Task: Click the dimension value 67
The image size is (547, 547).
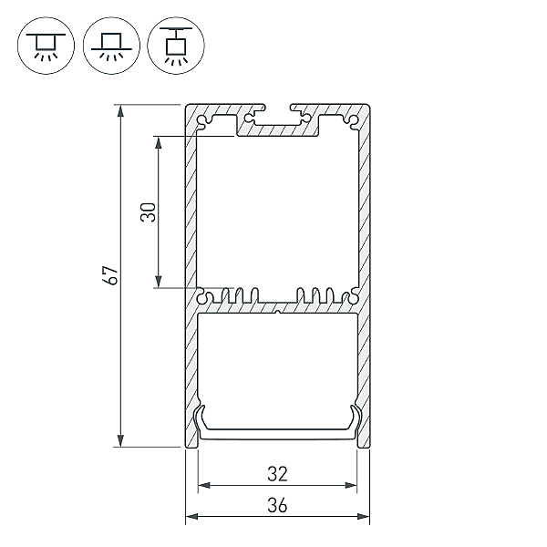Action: tap(111, 275)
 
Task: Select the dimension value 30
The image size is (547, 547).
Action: tap(149, 212)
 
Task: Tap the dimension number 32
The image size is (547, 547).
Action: tap(278, 474)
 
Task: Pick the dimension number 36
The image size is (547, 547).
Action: tap(278, 505)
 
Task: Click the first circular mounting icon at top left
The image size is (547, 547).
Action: tap(46, 46)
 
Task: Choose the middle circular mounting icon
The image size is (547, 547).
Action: tap(111, 46)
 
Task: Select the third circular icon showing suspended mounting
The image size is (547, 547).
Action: tap(176, 46)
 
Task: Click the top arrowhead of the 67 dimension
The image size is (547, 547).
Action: tap(120, 110)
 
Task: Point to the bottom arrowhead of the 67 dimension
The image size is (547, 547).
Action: tap(120, 440)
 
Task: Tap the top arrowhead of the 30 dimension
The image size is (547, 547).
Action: tap(159, 142)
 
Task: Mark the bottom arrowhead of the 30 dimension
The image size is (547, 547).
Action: tap(159, 282)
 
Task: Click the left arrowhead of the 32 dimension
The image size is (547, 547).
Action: tap(204, 485)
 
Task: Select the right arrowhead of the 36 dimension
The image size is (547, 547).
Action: tap(363, 516)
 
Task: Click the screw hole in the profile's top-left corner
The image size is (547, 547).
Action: tap(202, 120)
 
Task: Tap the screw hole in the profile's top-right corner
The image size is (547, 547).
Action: tap(353, 120)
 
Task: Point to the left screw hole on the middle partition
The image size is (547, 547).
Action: tap(202, 297)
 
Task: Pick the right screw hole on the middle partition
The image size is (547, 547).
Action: tap(354, 297)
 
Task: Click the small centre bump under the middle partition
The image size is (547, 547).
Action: tap(278, 312)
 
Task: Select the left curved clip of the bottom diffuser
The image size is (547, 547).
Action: tap(200, 423)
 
